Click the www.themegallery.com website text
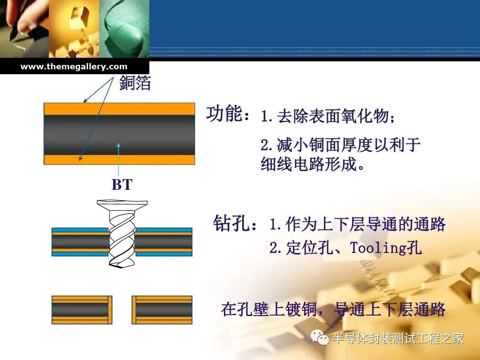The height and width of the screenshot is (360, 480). click(x=74, y=67)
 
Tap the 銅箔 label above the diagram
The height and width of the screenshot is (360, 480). click(x=135, y=83)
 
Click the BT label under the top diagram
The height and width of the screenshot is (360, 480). click(x=122, y=184)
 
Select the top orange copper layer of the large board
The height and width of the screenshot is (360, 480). click(x=120, y=109)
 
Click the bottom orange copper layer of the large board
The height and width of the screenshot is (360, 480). click(x=120, y=160)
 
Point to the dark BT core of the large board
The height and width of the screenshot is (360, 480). click(x=120, y=135)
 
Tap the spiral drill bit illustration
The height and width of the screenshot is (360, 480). click(x=122, y=234)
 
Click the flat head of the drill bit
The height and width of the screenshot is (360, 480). click(x=122, y=204)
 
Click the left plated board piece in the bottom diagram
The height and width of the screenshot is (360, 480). click(x=82, y=310)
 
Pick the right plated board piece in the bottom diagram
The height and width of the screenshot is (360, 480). click(x=162, y=310)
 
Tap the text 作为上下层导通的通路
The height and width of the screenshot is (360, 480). click(x=365, y=224)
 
